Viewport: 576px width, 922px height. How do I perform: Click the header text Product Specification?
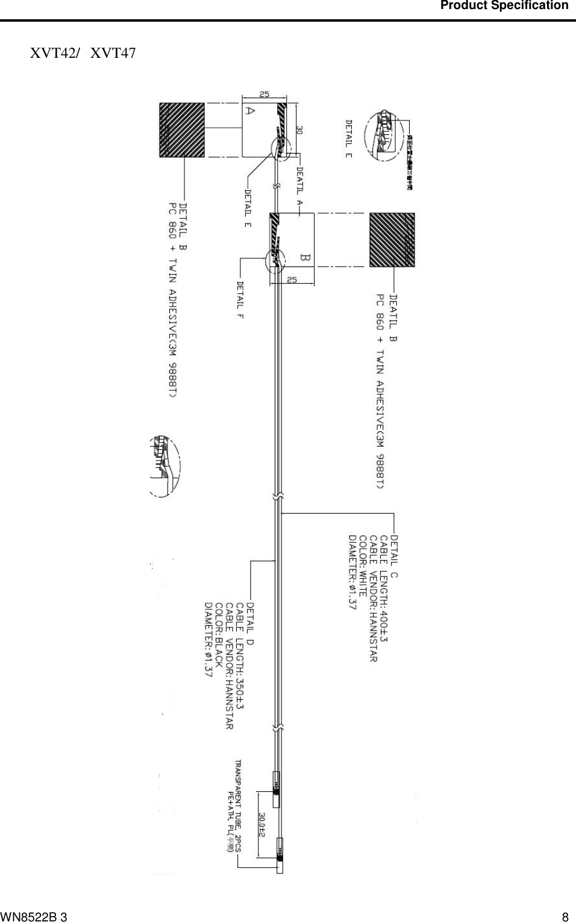click(504, 5)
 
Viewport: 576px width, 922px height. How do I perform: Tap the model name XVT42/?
click(55, 53)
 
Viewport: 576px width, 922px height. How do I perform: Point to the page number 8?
click(565, 917)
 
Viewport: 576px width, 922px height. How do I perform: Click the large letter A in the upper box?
click(250, 111)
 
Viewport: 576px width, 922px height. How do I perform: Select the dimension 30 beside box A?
click(299, 130)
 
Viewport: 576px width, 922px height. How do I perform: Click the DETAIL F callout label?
click(240, 299)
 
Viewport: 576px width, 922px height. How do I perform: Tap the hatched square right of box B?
click(392, 239)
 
